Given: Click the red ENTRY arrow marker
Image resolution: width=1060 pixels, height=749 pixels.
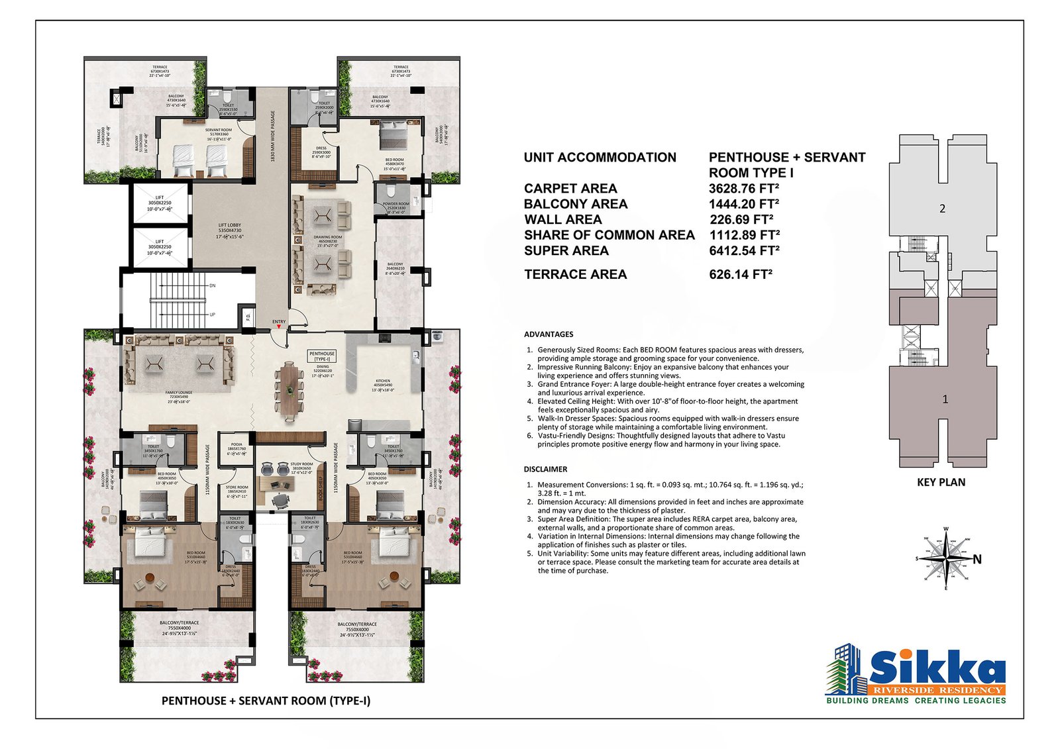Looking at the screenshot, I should point(279,326).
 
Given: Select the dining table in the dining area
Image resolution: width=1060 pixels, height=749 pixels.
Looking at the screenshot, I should point(289,391).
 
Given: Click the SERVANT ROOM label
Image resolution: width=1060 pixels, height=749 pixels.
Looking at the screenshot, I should point(218,130).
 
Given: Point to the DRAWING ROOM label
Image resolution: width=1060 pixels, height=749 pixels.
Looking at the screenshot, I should point(327,237).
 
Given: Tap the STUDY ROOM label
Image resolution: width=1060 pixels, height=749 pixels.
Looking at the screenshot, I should point(302,464).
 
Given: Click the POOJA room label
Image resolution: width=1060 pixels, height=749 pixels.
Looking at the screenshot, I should point(237,444).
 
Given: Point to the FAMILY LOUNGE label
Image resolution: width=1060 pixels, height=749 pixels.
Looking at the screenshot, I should point(179,393).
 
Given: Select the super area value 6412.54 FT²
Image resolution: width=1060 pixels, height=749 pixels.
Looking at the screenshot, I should point(743,251).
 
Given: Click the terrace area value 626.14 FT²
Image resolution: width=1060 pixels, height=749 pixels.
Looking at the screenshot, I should point(740,274).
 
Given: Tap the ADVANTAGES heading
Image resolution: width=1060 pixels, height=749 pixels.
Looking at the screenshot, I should point(549,334).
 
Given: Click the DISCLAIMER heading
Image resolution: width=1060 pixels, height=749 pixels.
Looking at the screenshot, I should point(545,469).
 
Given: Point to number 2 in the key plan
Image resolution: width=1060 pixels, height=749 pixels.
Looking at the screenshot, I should point(942,209).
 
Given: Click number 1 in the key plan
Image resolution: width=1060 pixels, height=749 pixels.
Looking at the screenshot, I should point(945,399).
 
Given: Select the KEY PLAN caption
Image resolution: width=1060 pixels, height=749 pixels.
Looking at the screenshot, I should point(941,482).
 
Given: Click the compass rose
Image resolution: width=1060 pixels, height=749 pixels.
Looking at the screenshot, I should point(945,559).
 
